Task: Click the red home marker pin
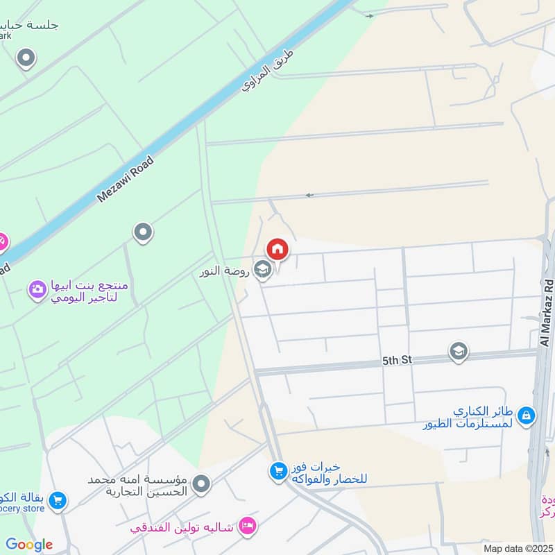277,248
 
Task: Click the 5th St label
397,360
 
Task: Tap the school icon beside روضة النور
262,269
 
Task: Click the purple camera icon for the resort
37,288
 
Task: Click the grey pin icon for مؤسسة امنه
201,484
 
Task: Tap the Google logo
29,545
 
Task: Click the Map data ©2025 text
516,548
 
